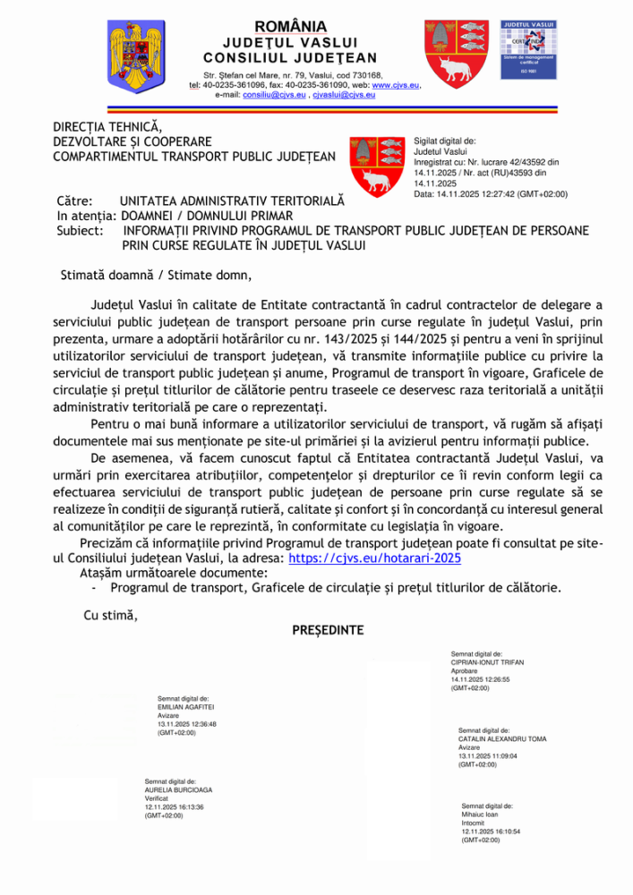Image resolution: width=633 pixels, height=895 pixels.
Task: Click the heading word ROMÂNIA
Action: click(290, 26)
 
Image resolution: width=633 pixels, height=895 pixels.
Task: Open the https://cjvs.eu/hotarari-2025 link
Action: click(374, 557)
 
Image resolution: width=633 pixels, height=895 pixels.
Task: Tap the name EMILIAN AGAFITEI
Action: click(186, 706)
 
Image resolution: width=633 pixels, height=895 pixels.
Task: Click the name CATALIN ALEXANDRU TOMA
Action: click(502, 739)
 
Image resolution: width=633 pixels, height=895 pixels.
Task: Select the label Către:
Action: click(74, 202)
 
